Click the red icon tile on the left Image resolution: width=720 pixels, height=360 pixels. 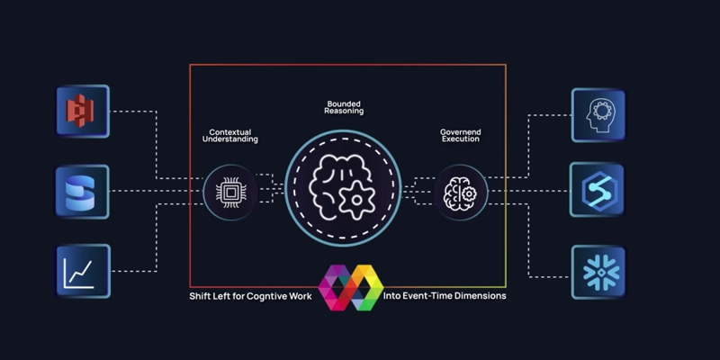tap(82, 112)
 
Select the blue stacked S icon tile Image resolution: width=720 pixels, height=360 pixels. tap(82, 191)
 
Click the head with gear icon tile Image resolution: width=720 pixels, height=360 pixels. tap(598, 114)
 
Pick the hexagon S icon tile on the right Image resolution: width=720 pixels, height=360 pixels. tap(597, 190)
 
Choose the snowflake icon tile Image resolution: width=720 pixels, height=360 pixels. tap(597, 271)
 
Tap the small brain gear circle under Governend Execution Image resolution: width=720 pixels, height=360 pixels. tap(460, 191)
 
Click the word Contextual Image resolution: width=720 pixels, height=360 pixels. tap(229, 130)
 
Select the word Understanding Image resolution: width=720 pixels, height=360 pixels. tap(229, 139)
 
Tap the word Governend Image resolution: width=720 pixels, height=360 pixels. tap(460, 130)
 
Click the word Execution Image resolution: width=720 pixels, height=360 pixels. tap(460, 139)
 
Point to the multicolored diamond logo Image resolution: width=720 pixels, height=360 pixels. tap(351, 287)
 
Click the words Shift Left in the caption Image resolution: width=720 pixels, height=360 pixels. tap(211, 295)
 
